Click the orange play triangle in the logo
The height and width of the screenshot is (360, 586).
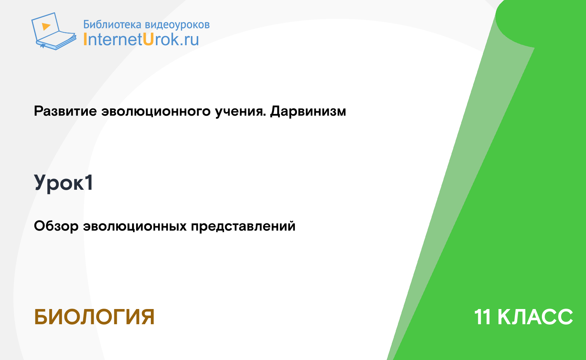click(x=46, y=26)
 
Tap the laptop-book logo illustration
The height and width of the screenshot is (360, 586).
click(x=54, y=31)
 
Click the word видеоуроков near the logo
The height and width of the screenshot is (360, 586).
click(x=177, y=25)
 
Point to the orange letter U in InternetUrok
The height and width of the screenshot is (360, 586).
click(x=148, y=39)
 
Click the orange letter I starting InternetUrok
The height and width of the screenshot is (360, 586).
click(x=85, y=39)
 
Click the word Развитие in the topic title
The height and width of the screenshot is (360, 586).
click(x=65, y=111)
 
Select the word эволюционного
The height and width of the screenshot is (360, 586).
click(x=156, y=111)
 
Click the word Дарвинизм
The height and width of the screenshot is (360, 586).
click(x=308, y=111)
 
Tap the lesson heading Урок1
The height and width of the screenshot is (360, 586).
click(x=63, y=183)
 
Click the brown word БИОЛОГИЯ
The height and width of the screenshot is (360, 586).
click(x=94, y=317)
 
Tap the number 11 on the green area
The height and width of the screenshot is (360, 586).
click(x=483, y=317)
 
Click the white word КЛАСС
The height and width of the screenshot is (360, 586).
click(x=535, y=317)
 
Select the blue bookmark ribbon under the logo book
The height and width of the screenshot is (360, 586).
click(x=43, y=46)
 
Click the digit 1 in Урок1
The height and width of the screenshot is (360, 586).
click(x=89, y=182)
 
